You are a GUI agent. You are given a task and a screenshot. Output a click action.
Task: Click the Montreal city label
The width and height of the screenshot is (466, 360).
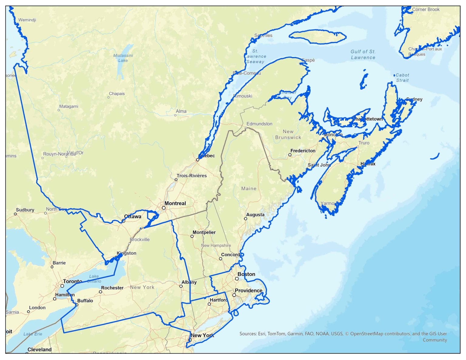point(175,203)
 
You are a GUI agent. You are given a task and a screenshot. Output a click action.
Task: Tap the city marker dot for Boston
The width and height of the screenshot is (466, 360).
point(237,279)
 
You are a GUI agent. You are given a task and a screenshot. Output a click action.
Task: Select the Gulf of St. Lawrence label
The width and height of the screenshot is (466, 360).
point(363,55)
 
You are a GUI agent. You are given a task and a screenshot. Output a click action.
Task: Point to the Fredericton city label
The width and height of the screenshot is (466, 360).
point(303,150)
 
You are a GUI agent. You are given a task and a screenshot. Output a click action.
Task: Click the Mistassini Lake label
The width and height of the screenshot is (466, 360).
point(123,58)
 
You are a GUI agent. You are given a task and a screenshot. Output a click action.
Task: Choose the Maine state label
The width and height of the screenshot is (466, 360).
point(249,189)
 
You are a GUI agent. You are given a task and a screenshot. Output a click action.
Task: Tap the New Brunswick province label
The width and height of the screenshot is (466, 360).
point(288,134)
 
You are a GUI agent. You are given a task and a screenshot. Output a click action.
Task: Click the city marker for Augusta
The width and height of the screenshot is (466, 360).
point(245,219)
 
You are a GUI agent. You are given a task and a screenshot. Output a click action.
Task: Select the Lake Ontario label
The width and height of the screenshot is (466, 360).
point(94,279)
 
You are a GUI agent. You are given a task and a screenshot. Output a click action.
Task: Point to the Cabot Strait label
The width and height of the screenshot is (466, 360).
point(402,78)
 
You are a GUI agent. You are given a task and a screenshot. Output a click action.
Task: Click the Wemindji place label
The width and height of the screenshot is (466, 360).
point(27,20)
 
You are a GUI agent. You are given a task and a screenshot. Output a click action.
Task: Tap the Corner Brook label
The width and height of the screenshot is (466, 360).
point(426,9)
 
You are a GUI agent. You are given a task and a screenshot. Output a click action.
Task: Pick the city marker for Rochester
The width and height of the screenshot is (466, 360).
point(100,292)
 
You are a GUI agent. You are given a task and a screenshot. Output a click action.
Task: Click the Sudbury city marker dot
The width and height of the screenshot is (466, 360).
point(15,214)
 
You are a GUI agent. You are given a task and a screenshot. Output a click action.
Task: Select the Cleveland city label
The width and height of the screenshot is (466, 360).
point(39,349)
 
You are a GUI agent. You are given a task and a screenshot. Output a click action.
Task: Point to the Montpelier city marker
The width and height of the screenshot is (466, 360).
point(192,236)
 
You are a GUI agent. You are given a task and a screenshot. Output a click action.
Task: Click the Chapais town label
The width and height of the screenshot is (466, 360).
point(117,93)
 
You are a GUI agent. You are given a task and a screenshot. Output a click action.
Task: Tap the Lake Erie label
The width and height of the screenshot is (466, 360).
point(33,334)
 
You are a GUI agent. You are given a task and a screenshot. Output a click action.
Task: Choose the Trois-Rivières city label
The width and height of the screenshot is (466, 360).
point(192,176)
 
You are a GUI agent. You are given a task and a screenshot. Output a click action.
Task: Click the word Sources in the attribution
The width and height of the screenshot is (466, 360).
point(248,334)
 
